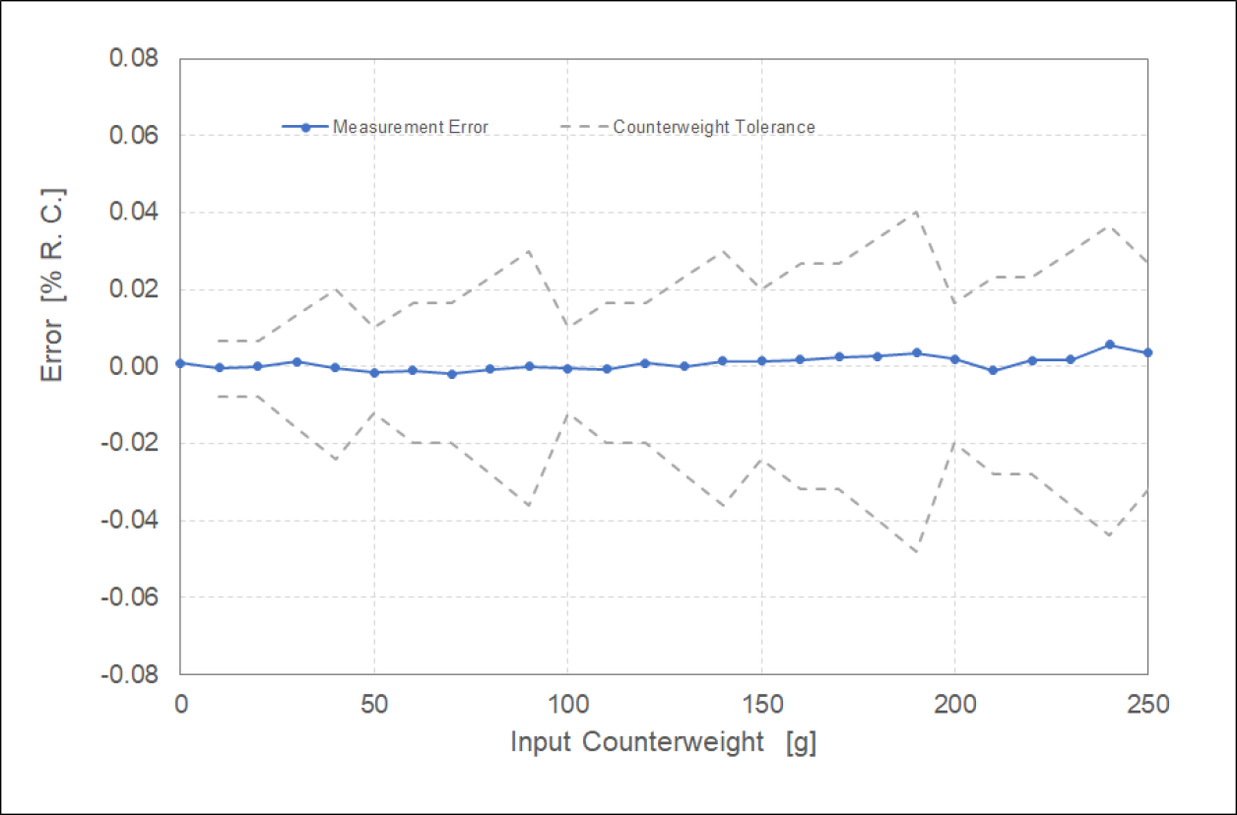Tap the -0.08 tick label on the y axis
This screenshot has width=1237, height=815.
[134, 674]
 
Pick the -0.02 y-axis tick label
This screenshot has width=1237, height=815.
[134, 444]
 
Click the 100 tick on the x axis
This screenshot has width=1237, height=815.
[567, 705]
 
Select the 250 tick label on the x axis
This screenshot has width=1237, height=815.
[1147, 705]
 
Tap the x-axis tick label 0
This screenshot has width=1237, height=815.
[180, 705]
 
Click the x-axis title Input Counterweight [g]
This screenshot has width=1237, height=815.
[663, 742]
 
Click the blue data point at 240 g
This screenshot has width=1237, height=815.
[1109, 345]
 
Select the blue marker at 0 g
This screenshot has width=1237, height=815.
[180, 363]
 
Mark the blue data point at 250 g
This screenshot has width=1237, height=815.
[1147, 352]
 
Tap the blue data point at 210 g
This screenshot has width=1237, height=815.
[993, 370]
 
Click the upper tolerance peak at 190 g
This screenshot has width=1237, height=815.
[916, 212]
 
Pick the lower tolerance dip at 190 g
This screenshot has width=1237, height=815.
[916, 552]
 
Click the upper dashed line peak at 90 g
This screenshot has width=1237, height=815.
[529, 250]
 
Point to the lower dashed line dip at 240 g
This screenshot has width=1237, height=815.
[1109, 535]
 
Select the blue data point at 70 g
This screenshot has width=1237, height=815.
[451, 374]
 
